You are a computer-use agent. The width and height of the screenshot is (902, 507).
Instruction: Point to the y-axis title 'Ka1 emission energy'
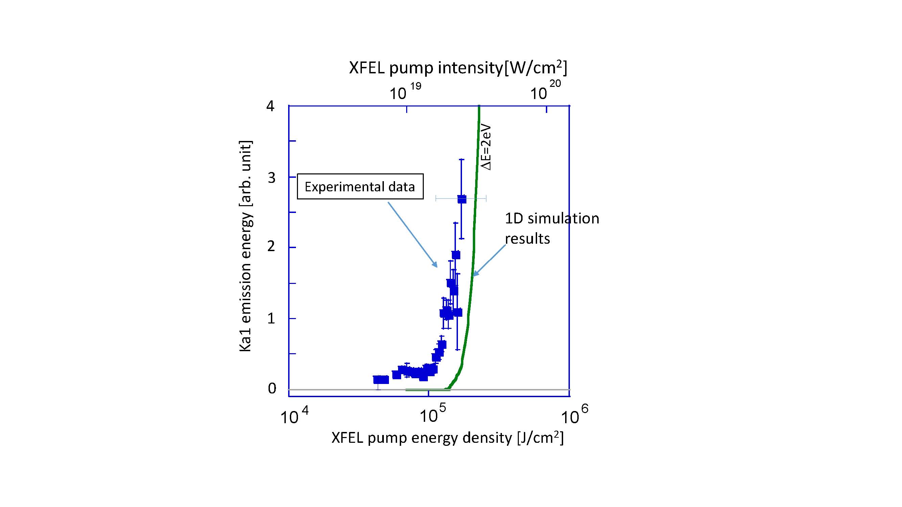(x=246, y=246)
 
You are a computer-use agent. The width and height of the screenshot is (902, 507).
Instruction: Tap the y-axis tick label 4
(x=270, y=106)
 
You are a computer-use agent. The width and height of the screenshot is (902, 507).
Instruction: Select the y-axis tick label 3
(x=271, y=178)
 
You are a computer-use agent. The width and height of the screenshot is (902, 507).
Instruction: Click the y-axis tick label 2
(x=271, y=247)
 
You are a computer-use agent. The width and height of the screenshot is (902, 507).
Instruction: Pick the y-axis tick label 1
(x=271, y=318)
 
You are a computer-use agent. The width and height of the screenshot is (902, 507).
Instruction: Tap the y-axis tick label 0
(x=272, y=388)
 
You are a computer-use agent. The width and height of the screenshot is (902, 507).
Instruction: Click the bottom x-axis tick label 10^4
(x=295, y=416)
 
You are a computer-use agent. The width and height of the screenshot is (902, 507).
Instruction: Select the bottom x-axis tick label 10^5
(x=433, y=415)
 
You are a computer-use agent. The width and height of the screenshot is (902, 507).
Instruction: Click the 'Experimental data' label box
(x=360, y=187)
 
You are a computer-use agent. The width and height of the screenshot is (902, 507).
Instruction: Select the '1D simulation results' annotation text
(x=552, y=228)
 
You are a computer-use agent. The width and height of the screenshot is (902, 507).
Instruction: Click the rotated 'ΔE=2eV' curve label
(x=486, y=148)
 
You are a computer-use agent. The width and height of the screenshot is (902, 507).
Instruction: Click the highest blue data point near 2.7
(x=462, y=199)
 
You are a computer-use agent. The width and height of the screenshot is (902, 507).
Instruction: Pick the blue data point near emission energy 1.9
(x=456, y=255)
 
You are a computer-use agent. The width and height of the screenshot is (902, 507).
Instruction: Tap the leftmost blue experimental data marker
(x=377, y=380)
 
